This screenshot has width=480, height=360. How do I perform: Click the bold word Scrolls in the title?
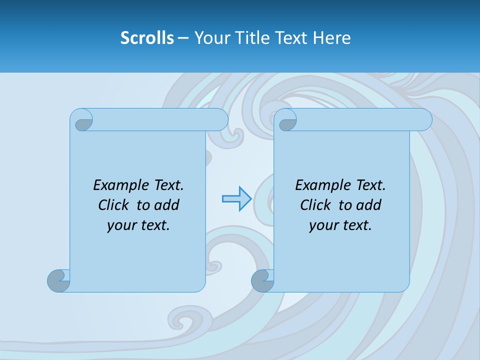pyautogui.click(x=147, y=38)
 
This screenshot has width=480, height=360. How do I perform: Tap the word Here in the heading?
pyautogui.click(x=331, y=38)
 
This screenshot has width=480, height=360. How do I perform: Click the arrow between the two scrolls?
pyautogui.click(x=236, y=199)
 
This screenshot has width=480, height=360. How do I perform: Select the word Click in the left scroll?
pyautogui.click(x=115, y=205)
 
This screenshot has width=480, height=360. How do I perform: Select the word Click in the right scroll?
pyautogui.click(x=317, y=205)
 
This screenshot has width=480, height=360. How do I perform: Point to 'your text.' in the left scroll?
pyautogui.click(x=138, y=225)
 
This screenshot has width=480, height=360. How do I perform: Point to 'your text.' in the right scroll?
pyautogui.click(x=340, y=225)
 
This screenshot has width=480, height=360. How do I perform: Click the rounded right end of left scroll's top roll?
pyautogui.click(x=220, y=120)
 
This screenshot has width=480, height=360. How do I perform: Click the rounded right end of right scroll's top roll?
pyautogui.click(x=424, y=120)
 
